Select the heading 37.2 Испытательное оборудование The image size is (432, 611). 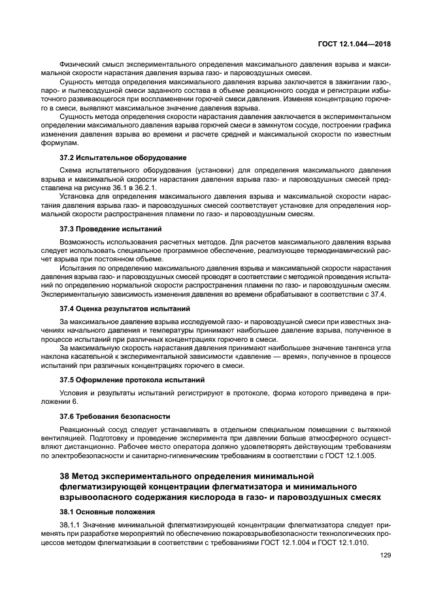point(123,157)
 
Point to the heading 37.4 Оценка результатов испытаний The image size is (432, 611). point(125,308)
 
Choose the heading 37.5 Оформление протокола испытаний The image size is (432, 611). point(132,379)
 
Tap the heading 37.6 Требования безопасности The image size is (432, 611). point(115,416)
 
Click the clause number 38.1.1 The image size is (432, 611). point(71,525)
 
